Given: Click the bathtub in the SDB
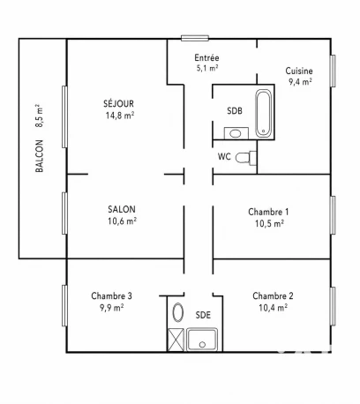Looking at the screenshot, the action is (x=264, y=114).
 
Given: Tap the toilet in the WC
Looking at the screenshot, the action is (x=246, y=158).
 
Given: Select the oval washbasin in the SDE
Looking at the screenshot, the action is (x=178, y=312).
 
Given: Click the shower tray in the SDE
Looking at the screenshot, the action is (x=202, y=340).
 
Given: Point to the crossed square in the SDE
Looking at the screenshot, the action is (x=176, y=340).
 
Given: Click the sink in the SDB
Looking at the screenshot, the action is (x=236, y=133).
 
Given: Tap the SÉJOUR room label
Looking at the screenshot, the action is (x=118, y=103).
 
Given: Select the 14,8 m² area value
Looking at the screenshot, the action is (x=120, y=116).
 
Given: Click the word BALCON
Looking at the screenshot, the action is (x=39, y=156).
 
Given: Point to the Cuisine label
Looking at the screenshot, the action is (x=299, y=71).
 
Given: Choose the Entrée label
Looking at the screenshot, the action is (x=206, y=57).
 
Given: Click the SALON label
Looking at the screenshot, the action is (x=122, y=209).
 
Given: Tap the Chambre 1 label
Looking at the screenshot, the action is (x=268, y=212).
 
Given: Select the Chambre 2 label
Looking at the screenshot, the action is (x=273, y=296).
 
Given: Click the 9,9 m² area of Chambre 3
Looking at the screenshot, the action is (x=111, y=308).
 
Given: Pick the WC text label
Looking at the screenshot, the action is (x=224, y=156).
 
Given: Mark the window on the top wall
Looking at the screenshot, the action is (x=195, y=38).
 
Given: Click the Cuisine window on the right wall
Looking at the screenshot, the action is (x=333, y=71).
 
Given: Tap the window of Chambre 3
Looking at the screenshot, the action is (x=64, y=305).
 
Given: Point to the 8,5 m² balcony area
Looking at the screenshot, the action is (x=39, y=116).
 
